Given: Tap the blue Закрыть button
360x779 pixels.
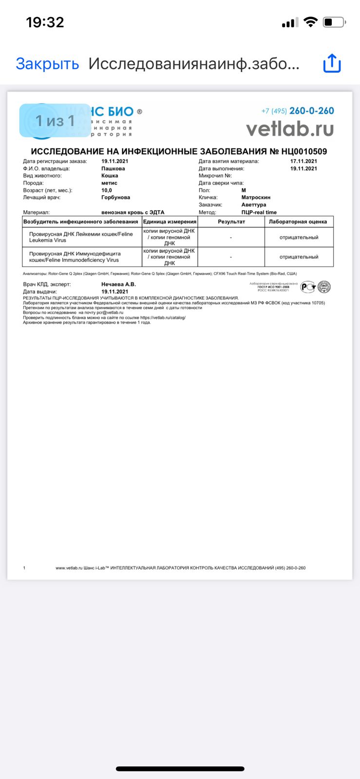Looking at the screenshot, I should point(47,64).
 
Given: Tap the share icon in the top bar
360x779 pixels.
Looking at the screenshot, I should point(332,63).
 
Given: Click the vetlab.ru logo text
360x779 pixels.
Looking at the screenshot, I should point(290,129).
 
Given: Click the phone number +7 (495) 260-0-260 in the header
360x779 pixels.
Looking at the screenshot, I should point(298,111).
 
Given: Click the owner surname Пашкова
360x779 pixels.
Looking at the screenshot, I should point(113,168).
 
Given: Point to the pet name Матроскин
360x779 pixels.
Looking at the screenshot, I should point(256,197).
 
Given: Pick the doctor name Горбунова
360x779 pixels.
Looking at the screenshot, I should point(115,197).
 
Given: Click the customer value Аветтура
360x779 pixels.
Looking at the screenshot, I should point(254,204).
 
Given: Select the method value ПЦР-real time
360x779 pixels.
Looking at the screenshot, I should point(259,212).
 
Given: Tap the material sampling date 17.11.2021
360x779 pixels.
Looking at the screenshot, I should point(303,161).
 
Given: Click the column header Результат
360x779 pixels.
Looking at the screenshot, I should point(231,222).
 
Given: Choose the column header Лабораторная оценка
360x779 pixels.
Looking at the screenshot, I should point(298,222).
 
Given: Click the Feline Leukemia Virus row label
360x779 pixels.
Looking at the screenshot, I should point(81,237).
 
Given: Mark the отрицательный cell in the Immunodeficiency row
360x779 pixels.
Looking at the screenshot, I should point(299,257).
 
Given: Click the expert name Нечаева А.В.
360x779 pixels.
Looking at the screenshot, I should point(118,284).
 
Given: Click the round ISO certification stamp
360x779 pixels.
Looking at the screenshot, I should point(324,287).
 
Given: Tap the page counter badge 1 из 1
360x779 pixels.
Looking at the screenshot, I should point(55,120).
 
